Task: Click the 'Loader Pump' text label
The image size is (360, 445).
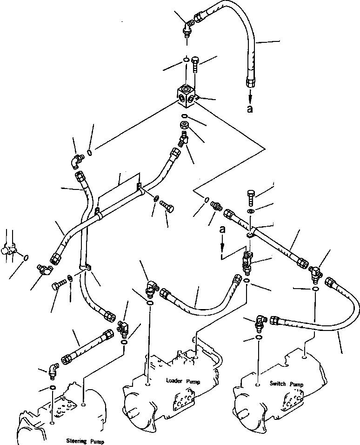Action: pyautogui.click(x=183, y=381)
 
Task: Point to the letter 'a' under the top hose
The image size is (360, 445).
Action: pyautogui.click(x=251, y=108)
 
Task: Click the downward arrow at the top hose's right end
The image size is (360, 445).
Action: pyautogui.click(x=251, y=95)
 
